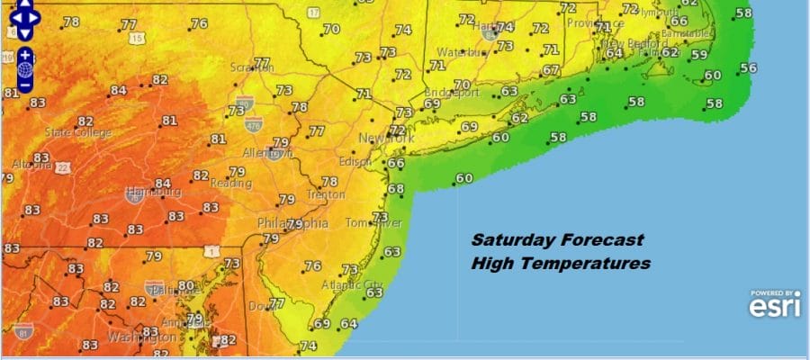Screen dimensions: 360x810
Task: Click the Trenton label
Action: (324, 193)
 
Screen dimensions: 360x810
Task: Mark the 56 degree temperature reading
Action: (748, 67)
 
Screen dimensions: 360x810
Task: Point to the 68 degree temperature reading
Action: (396, 188)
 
